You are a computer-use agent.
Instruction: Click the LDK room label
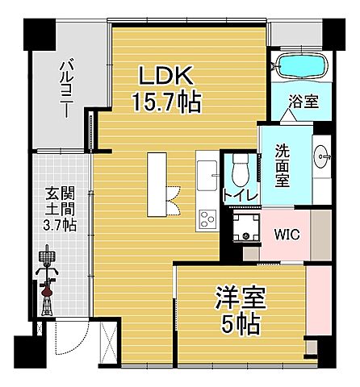coord(166,77)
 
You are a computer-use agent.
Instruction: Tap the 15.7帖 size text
coord(167,102)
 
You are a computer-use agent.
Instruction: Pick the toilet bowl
coord(240,169)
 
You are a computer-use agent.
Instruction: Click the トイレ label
coord(240,195)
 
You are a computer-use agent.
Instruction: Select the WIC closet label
coord(287,235)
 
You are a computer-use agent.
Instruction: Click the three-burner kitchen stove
coord(207,218)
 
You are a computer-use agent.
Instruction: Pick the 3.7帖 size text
coord(59,226)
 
